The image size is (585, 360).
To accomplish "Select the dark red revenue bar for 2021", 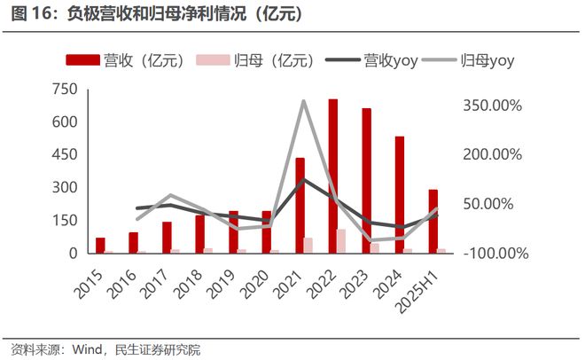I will (300, 206).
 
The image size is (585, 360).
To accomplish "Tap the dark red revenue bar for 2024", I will (399, 195).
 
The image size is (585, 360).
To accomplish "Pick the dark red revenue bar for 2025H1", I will (432, 222).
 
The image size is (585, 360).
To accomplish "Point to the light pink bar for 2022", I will (342, 241).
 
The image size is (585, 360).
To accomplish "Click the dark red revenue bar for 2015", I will (100, 246).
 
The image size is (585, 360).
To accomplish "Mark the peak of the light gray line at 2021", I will (303, 101).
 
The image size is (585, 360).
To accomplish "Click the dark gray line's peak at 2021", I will (303, 179).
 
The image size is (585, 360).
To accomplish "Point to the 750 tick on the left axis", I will (65, 89).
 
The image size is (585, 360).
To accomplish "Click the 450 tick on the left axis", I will (65, 154).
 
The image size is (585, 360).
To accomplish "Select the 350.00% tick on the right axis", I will (494, 106).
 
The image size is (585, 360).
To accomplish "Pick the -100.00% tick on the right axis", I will (494, 254).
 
